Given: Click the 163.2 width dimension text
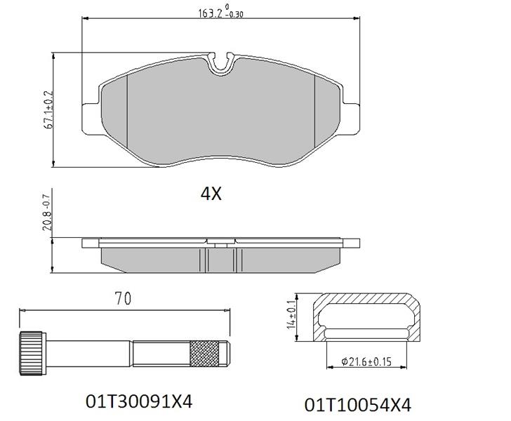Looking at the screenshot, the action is [x=220, y=12].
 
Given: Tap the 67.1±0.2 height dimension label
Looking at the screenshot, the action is [x=49, y=110].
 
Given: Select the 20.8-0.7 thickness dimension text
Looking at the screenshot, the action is [x=46, y=213].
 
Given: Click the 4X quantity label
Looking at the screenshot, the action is [x=211, y=194].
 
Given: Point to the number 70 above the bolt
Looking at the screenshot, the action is [x=123, y=298].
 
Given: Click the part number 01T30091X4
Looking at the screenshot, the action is [x=139, y=401].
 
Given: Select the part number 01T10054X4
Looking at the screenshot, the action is [x=358, y=405].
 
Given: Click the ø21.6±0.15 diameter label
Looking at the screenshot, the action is [x=366, y=361].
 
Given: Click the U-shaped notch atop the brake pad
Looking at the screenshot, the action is [x=222, y=64].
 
